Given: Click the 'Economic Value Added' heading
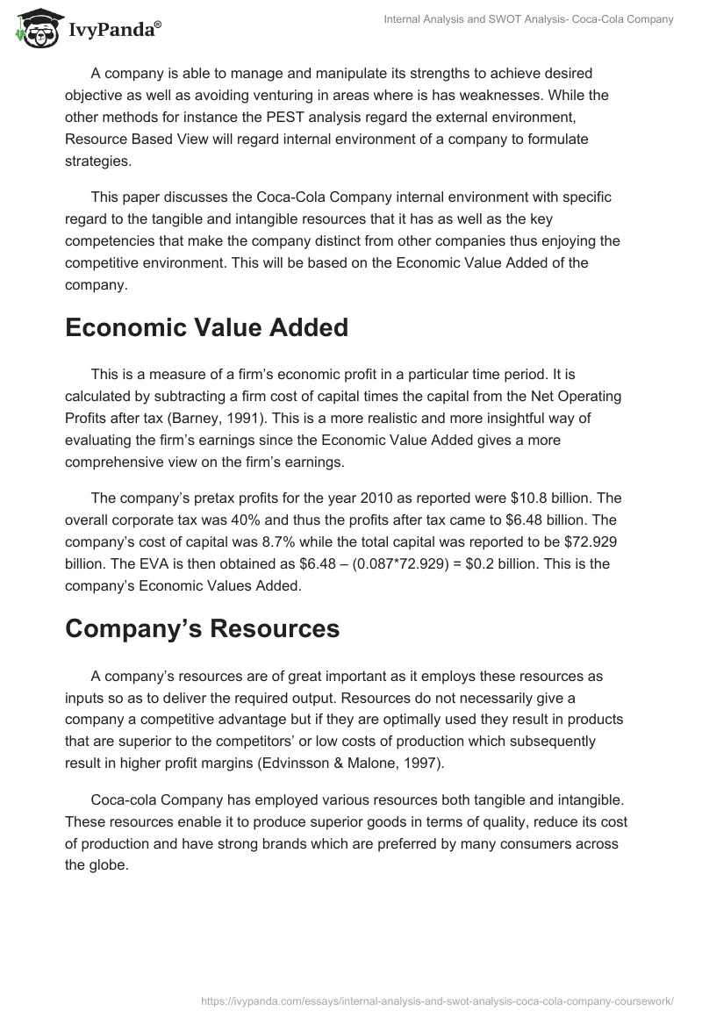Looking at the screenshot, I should [x=206, y=327].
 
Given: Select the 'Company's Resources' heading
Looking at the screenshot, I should [x=201, y=628].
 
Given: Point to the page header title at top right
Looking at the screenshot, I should [x=529, y=18].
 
